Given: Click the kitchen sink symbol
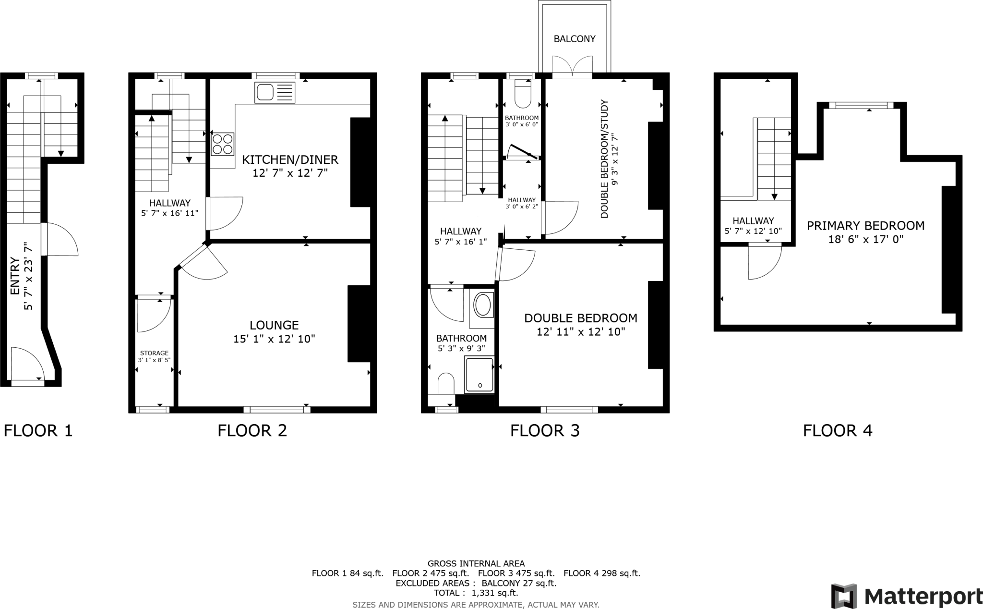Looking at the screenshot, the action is click(x=276, y=92).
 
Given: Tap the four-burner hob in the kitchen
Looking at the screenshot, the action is click(x=223, y=144).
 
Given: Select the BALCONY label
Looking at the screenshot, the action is click(x=575, y=39).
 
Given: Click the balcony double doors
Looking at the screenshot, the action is click(x=572, y=66).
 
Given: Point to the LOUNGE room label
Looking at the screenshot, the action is click(x=274, y=325).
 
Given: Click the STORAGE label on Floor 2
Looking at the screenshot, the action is click(x=155, y=353).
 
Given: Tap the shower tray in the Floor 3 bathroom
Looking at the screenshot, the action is click(x=479, y=375).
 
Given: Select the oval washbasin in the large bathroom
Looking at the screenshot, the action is click(x=483, y=304).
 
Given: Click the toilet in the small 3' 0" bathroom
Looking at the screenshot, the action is click(x=522, y=94).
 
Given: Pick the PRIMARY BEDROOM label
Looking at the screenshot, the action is click(x=865, y=226).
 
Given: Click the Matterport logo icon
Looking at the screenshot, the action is click(x=844, y=596).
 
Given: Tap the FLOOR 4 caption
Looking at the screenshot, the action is click(x=838, y=430).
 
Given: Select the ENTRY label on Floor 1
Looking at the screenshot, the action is click(x=15, y=276).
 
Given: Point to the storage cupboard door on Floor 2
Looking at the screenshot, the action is click(x=154, y=315).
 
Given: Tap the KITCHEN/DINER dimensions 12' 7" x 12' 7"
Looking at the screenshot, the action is click(x=290, y=173).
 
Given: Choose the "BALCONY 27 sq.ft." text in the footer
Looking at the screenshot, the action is click(x=519, y=584).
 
